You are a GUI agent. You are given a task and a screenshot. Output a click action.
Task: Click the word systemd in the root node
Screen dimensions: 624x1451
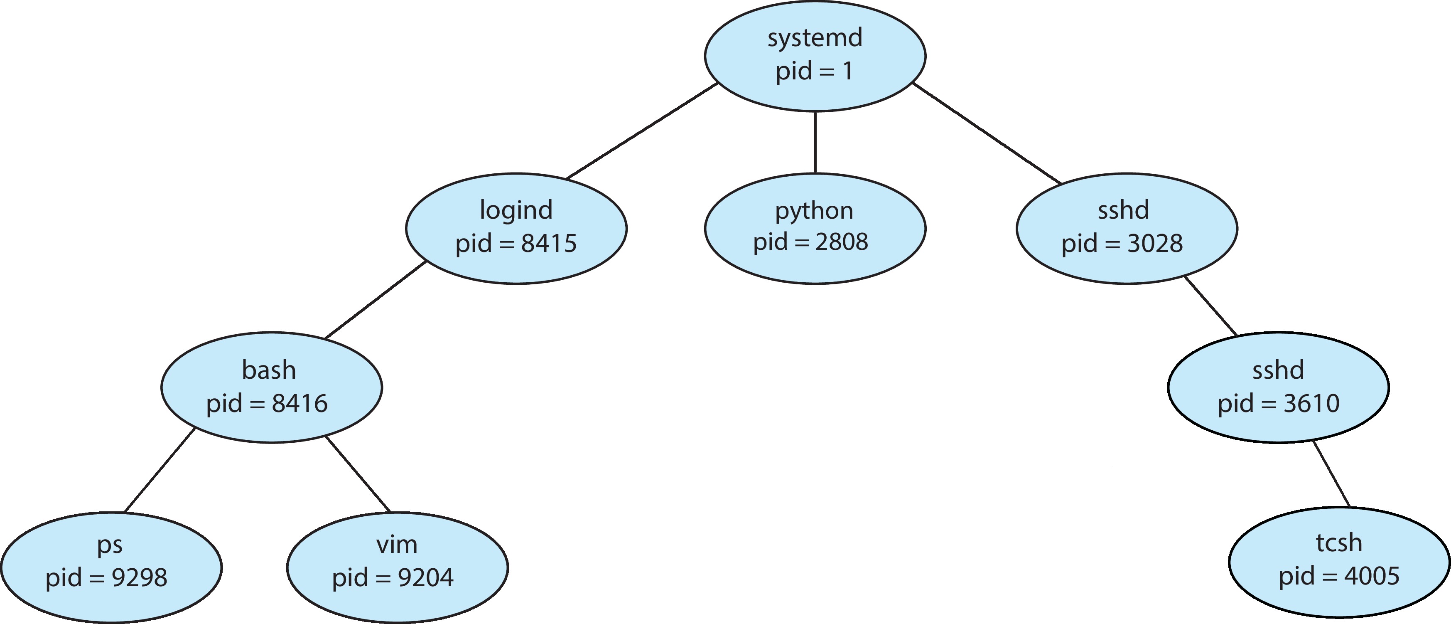[815, 38]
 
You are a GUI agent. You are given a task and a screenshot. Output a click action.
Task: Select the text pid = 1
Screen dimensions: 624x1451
[815, 71]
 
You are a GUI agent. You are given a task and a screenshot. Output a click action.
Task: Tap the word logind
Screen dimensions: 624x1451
[516, 210]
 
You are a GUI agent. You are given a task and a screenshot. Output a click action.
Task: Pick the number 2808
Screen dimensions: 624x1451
[842, 242]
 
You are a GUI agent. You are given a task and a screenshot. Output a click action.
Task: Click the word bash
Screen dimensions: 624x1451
[269, 370]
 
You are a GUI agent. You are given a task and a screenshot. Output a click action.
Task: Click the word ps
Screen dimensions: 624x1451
[109, 545]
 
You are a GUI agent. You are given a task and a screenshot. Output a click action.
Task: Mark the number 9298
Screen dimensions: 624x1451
[139, 578]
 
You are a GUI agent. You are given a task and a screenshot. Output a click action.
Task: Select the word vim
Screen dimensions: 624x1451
[397, 545]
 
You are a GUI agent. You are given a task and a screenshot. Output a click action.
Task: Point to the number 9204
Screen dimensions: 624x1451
[425, 578]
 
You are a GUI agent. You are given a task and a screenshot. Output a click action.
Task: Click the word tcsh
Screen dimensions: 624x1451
[1339, 543]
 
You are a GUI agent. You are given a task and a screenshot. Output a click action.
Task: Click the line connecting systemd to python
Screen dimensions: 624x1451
[815, 142]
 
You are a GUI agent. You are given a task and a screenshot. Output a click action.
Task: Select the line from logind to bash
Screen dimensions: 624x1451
[375, 300]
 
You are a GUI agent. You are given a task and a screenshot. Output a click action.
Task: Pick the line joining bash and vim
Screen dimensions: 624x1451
[358, 474]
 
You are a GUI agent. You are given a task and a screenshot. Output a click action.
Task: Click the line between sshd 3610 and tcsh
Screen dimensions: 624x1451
[1332, 474]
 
